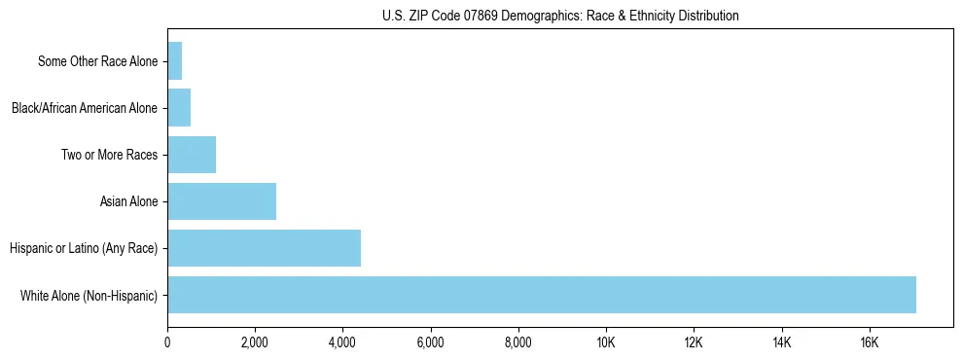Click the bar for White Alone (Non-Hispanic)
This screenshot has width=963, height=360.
pyautogui.click(x=542, y=295)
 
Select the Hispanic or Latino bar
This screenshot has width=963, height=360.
pyautogui.click(x=264, y=248)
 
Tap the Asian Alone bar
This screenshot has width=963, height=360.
pyautogui.click(x=222, y=201)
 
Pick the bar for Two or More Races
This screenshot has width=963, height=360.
pyautogui.click(x=192, y=155)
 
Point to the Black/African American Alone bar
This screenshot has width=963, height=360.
pyautogui.click(x=179, y=108)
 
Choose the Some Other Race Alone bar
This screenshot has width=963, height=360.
pyautogui.click(x=175, y=61)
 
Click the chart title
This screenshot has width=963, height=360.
pyautogui.click(x=560, y=16)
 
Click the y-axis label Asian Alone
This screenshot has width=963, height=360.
pyautogui.click(x=128, y=202)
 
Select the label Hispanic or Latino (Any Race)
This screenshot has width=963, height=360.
pyautogui.click(x=84, y=249)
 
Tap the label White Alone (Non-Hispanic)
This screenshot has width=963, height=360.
pyautogui.click(x=89, y=296)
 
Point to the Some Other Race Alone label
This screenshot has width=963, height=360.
pyautogui.click(x=97, y=62)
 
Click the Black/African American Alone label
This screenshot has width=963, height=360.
pyautogui.click(x=85, y=109)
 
